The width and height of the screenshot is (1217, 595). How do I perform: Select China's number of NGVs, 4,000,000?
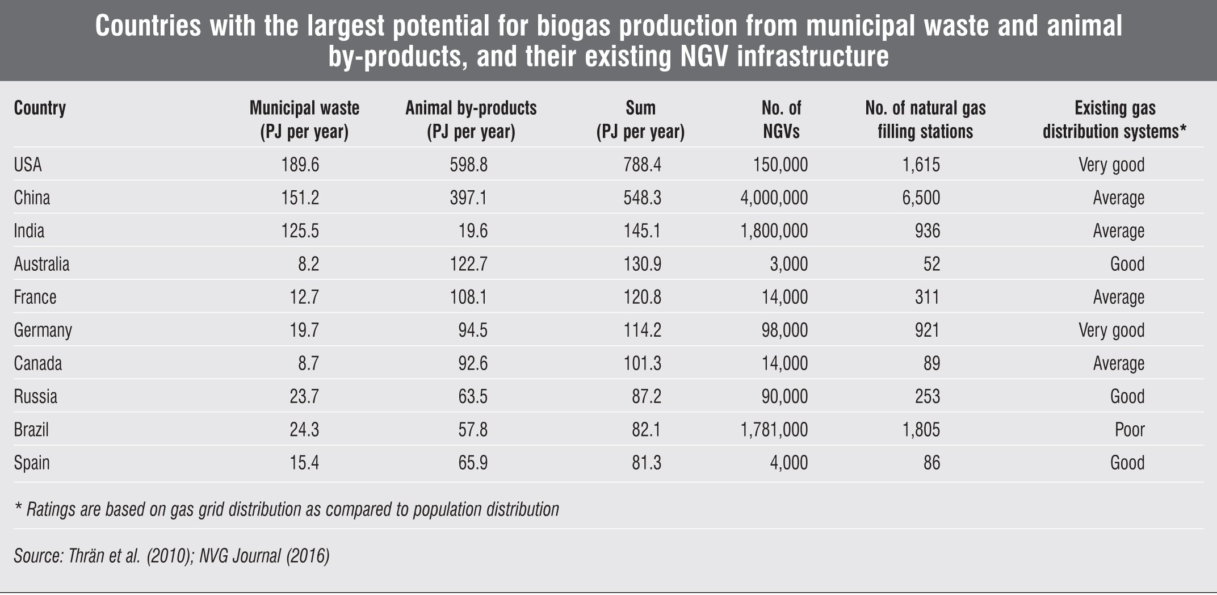(774, 198)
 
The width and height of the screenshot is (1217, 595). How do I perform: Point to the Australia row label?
(41, 264)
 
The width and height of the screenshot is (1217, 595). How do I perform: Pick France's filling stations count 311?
(927, 297)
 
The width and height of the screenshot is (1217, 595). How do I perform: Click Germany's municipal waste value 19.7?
(304, 330)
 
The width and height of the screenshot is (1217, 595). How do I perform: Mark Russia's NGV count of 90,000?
(784, 396)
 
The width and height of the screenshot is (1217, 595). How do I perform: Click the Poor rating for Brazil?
(1129, 429)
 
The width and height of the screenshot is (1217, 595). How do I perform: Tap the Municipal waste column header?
(304, 119)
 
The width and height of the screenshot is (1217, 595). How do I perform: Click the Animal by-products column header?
(471, 119)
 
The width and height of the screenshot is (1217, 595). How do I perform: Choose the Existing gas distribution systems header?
(1115, 119)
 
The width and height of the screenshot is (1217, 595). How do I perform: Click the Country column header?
(40, 108)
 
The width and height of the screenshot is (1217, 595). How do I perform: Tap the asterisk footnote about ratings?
(287, 509)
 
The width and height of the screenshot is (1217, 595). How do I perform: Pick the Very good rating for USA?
(1111, 165)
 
